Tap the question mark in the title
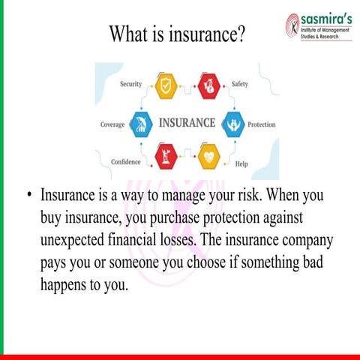241,34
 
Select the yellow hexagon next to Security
166,85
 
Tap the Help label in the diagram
241,163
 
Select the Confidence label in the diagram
126,162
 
